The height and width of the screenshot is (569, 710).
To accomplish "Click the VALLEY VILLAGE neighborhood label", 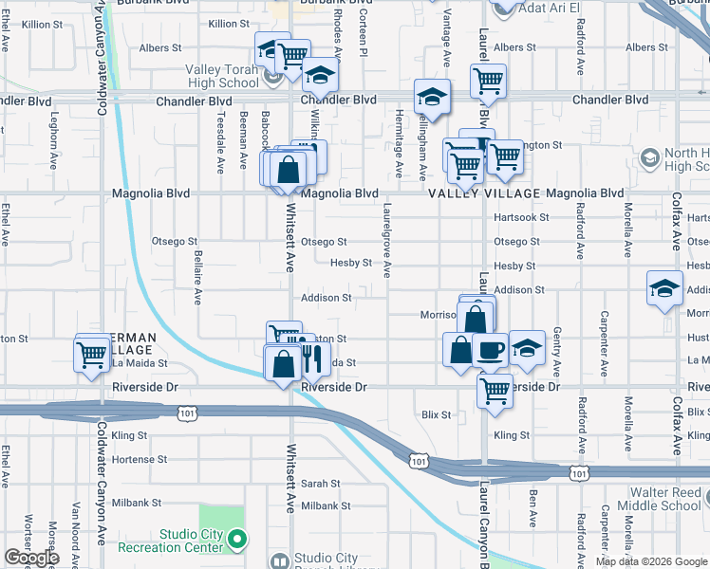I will [x=483, y=193].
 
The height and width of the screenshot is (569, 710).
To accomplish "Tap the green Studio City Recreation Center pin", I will [x=237, y=541].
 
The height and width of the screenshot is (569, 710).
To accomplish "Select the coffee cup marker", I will [x=490, y=349].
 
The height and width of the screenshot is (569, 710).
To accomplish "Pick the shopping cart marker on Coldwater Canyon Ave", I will [x=92, y=355].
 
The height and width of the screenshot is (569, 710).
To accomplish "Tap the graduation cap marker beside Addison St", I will [x=664, y=289].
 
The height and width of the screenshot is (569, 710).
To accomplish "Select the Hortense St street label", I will [x=140, y=459].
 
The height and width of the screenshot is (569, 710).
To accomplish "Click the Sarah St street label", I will [x=314, y=483].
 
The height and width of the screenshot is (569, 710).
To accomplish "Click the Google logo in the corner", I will [x=31, y=558].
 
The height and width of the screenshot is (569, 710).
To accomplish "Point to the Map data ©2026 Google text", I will [x=650, y=561].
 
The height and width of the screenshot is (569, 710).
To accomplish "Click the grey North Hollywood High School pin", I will [x=650, y=156].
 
